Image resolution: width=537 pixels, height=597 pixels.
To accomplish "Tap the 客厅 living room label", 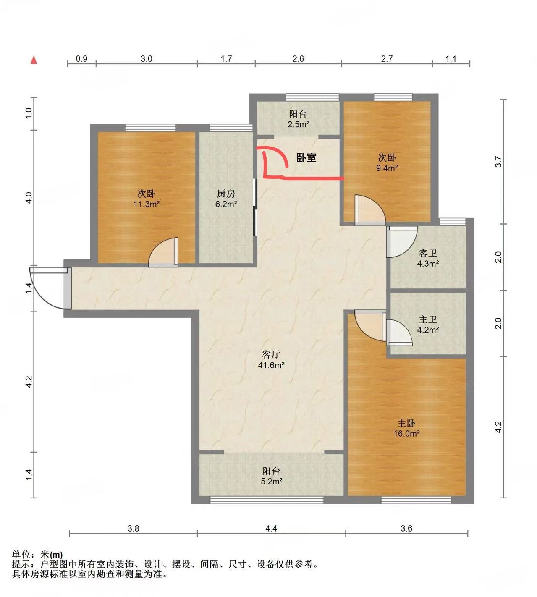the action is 271,354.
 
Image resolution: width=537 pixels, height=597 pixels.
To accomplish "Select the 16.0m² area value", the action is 406,434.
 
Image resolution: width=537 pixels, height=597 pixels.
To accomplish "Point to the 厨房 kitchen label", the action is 226,194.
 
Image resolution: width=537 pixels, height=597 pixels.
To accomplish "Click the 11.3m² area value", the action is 147,204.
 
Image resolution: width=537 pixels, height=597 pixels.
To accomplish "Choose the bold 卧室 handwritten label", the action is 306,158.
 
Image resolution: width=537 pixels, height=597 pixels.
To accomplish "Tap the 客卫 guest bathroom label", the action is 428,253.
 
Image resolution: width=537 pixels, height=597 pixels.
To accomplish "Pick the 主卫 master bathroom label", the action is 428,319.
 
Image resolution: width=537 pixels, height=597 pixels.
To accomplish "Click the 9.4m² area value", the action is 387,168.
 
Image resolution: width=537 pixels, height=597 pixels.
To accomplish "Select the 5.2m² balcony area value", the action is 271,481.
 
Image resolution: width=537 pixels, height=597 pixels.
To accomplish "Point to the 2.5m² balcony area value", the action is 298,124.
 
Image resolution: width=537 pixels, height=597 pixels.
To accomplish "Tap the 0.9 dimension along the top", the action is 81,59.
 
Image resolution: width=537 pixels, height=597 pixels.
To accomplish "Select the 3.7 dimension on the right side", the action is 498,162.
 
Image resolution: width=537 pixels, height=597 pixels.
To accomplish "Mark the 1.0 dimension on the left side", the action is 29,113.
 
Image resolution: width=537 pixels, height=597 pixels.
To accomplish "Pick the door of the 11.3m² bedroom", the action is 163,252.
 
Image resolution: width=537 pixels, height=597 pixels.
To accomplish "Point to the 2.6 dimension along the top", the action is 298,59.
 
